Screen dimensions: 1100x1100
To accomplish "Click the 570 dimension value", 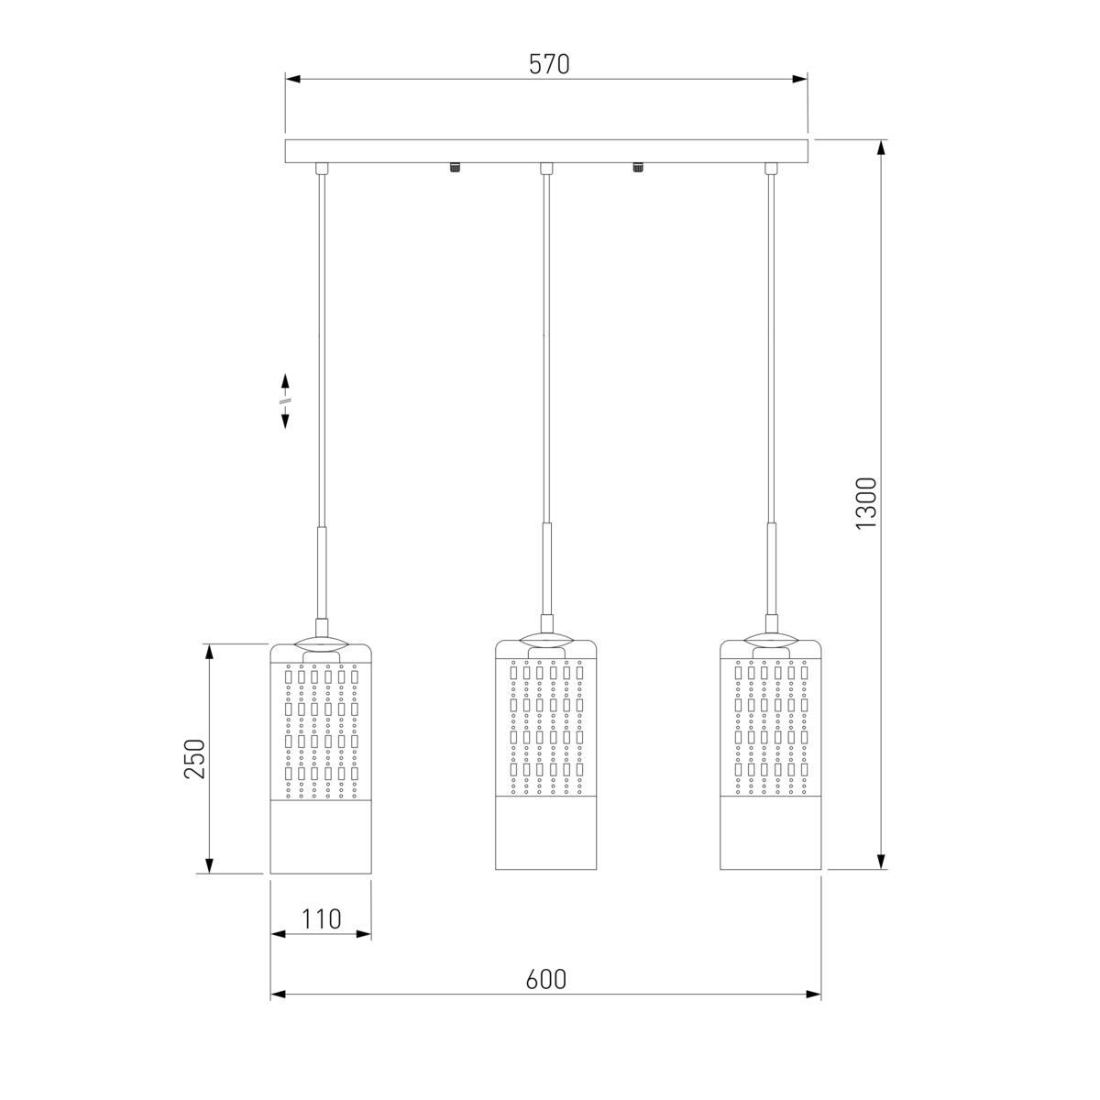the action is click(x=548, y=64).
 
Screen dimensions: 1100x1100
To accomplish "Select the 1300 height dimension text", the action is click(x=865, y=503).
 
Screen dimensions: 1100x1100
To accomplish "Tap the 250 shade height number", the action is click(x=194, y=759).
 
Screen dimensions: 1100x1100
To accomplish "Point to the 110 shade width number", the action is click(x=321, y=918).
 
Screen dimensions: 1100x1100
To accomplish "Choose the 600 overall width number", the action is click(x=545, y=979).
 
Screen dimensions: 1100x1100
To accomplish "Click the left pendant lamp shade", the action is click(x=320, y=759).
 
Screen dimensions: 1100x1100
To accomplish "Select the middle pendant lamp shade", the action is click(x=545, y=754).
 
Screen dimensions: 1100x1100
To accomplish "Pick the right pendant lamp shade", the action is click(x=770, y=754).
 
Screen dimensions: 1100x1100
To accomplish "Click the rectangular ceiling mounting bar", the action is click(x=546, y=151).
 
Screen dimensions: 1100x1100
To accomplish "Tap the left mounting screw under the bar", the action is click(x=455, y=168).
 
